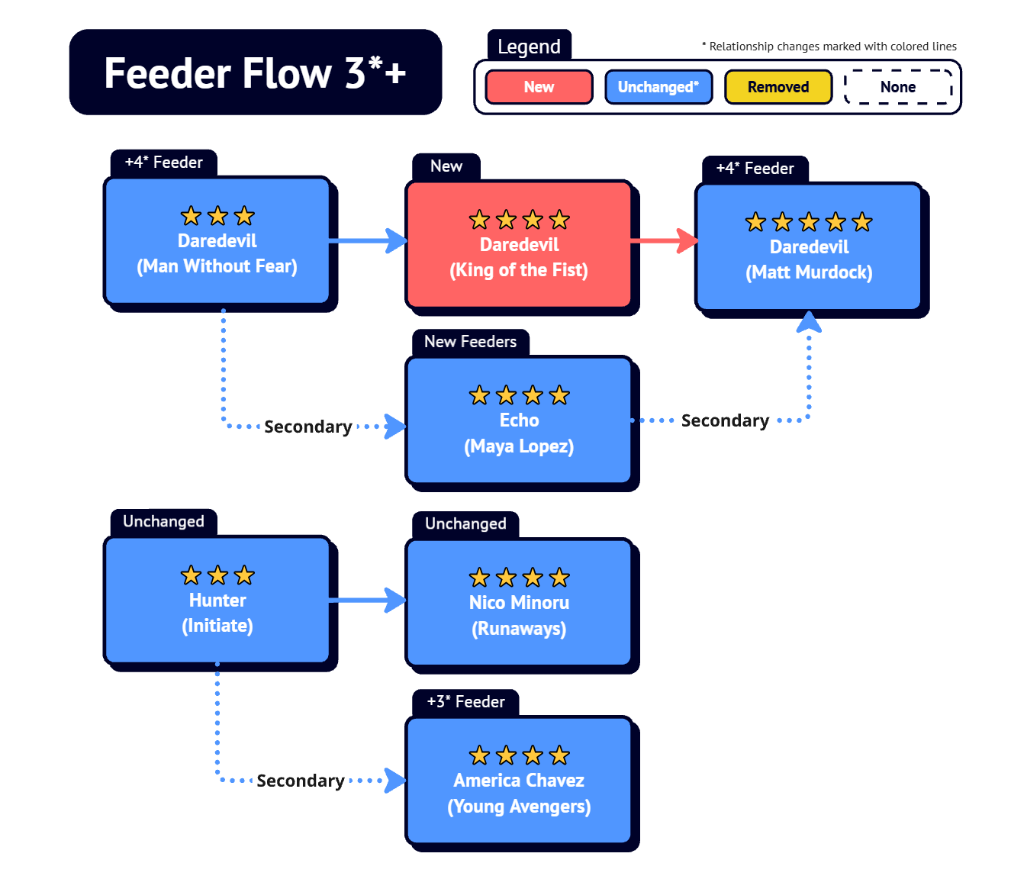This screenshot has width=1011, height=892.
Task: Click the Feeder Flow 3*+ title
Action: (255, 72)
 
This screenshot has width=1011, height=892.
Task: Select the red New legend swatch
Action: (539, 87)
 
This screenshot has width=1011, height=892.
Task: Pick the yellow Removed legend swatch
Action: (778, 87)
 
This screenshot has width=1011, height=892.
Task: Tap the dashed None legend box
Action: (898, 87)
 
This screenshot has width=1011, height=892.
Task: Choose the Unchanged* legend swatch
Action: (658, 87)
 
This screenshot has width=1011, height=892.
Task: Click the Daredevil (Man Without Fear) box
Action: (217, 241)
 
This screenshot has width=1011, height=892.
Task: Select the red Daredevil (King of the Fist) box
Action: (519, 245)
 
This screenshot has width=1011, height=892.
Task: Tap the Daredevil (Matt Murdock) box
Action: (809, 247)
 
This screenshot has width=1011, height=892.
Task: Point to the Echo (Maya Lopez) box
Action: (519, 421)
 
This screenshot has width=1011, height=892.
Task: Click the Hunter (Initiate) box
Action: (217, 601)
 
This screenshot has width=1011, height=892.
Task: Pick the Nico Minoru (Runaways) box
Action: (519, 603)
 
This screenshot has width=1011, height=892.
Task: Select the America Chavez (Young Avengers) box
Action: (519, 781)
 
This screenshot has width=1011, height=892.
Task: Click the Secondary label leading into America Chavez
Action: (301, 781)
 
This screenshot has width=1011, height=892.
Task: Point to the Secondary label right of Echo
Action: (725, 420)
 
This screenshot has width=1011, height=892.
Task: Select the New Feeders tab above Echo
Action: (470, 342)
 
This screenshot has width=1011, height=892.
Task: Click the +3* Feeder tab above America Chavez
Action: (465, 702)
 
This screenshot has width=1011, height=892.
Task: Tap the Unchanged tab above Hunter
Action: (163, 522)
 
